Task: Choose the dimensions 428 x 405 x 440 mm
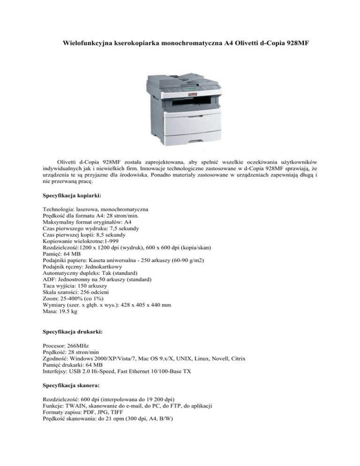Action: click(x=140, y=304)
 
